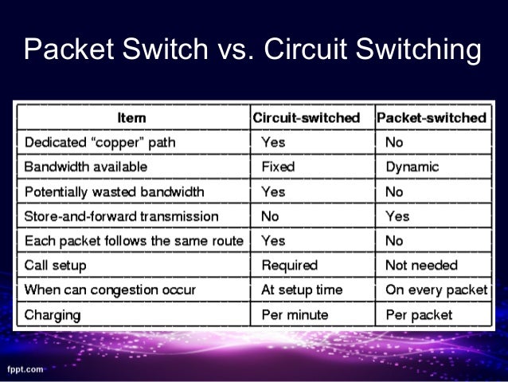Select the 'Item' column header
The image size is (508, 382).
131,117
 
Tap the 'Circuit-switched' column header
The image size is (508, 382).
306,117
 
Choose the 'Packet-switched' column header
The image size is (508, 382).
431,117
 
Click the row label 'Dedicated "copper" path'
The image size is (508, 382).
100,142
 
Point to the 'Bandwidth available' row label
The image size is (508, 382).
85,167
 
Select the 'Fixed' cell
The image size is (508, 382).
278,167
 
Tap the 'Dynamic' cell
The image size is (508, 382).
412,167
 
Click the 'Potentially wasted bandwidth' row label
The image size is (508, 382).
114,191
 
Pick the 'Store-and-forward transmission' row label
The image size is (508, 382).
121,216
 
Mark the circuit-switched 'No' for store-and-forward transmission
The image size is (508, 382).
270,216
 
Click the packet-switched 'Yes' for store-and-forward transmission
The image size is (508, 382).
397,216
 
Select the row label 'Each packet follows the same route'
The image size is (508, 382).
132,240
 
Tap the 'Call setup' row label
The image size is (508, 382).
56,265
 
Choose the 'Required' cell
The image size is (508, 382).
289,265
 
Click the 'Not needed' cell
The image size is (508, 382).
421,265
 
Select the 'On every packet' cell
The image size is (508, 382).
436,289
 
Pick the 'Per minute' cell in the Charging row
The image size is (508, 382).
294,314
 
